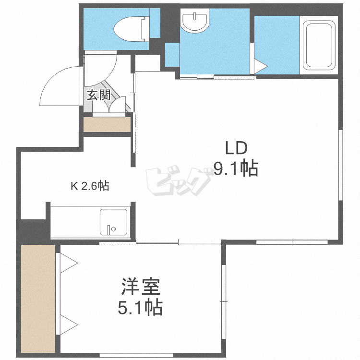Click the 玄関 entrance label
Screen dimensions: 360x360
[x=98, y=95]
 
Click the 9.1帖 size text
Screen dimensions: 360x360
[x=236, y=168]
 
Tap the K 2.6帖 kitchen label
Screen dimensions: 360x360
[x=90, y=186]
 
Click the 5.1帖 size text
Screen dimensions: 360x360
[x=140, y=307]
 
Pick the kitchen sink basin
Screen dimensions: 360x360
[x=114, y=222]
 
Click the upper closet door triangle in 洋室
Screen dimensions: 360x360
[x=69, y=263]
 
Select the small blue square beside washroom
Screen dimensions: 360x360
[x=172, y=54]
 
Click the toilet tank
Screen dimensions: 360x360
[x=144, y=28]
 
